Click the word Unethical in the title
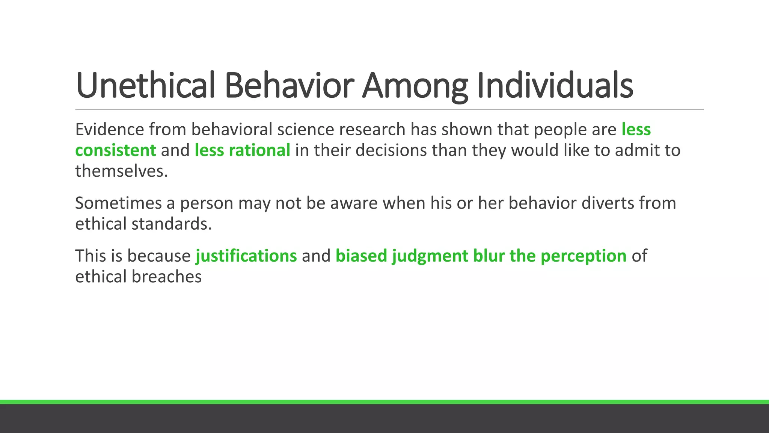pos(145,86)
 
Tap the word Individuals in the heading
pos(555,86)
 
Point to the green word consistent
pos(115,150)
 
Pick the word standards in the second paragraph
pos(172,224)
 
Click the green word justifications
pos(246,256)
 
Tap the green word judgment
pos(430,256)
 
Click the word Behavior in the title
pos(289,86)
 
